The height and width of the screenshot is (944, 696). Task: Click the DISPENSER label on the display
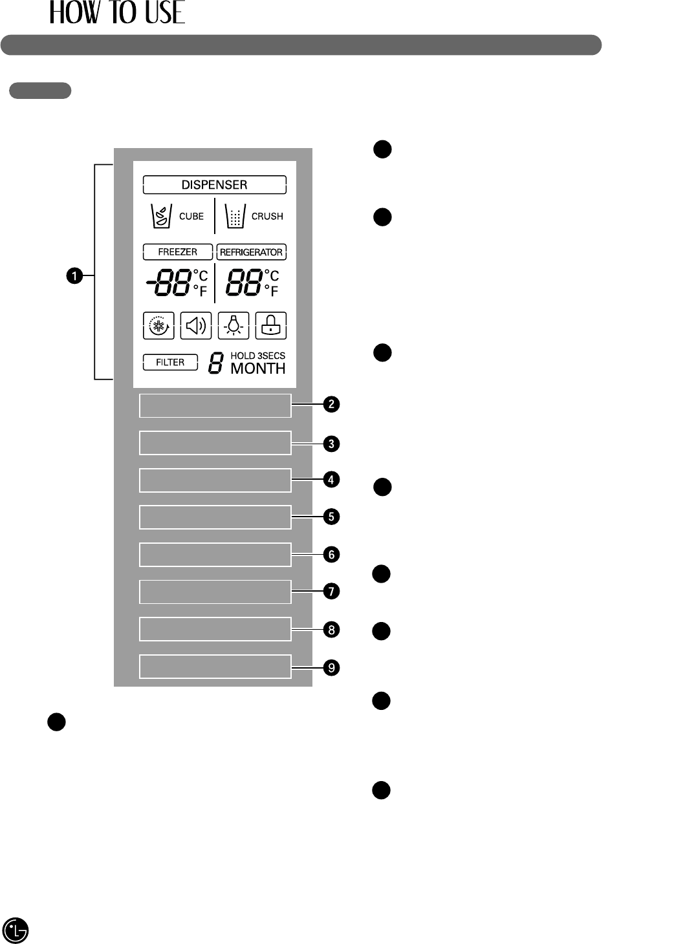coord(214,185)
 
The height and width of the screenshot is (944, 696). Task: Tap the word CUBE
coord(191,217)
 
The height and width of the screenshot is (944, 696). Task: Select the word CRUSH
coord(267,217)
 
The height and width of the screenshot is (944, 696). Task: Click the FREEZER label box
coord(178,252)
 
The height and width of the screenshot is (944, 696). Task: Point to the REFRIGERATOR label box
coord(251,252)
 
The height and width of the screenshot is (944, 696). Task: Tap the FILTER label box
coord(170,363)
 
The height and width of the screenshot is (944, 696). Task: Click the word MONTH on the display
coord(258,369)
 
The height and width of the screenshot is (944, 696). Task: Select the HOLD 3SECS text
coord(257,356)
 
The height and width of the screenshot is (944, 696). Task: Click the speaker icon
coord(195,326)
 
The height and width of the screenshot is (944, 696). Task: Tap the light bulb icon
coord(234,326)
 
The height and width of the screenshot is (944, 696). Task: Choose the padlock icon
coord(270,326)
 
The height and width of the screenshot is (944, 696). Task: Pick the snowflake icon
coord(158,326)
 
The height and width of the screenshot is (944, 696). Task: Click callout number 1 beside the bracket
coord(74,276)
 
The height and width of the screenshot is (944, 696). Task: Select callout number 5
coord(331,517)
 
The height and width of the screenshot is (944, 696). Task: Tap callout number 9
coord(331,667)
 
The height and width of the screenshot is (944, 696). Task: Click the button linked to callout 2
coord(215,406)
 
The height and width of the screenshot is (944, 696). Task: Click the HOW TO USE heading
coord(117,13)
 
